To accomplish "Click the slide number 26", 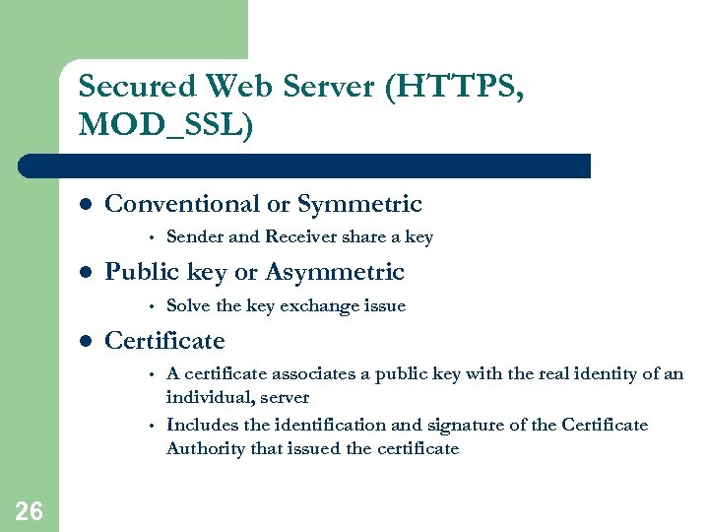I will [x=29, y=509].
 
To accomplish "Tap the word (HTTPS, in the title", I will [x=455, y=87].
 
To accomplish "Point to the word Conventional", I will [x=182, y=204].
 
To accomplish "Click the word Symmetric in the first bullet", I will [x=359, y=205].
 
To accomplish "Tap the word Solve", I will [x=189, y=305].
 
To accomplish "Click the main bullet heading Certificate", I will [x=164, y=341].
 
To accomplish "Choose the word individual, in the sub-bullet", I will [x=209, y=398].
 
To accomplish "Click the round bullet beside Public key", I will [x=86, y=273].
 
